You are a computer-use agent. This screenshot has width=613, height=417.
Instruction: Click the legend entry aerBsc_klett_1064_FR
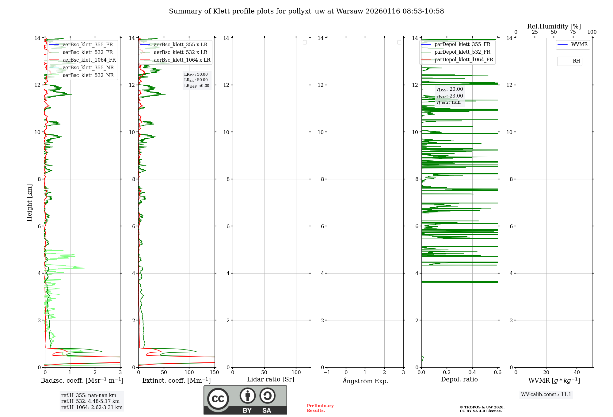pyautogui.click(x=89, y=60)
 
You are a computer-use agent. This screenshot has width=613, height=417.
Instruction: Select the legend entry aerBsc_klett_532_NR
pyautogui.click(x=88, y=75)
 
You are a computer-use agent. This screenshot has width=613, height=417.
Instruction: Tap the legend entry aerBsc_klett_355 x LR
pyautogui.click(x=180, y=45)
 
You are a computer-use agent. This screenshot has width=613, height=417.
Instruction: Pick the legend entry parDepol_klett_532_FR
pyautogui.click(x=462, y=52)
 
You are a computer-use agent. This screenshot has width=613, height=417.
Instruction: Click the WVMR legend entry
pyautogui.click(x=579, y=44)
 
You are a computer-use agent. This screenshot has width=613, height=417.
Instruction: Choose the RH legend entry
pyautogui.click(x=576, y=61)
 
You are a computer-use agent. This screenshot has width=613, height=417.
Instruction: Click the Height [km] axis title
pyautogui.click(x=29, y=202)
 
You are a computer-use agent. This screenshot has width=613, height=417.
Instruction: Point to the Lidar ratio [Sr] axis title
pyautogui.click(x=271, y=379)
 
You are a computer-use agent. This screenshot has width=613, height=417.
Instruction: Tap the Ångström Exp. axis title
pyautogui.click(x=365, y=381)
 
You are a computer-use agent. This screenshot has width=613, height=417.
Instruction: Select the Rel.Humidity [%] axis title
pyautogui.click(x=554, y=26)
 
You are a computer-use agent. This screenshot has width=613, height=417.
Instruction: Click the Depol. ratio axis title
pyautogui.click(x=459, y=379)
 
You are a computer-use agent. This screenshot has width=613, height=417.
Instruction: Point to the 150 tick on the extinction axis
pyautogui.click(x=214, y=373)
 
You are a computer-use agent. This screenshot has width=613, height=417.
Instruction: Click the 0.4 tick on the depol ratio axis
pyautogui.click(x=472, y=373)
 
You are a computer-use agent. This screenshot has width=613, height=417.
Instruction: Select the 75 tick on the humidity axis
pyautogui.click(x=573, y=32)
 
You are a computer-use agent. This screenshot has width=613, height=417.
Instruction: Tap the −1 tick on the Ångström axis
pyautogui.click(x=327, y=373)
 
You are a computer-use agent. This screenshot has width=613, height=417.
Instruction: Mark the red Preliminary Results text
pyautogui.click(x=320, y=408)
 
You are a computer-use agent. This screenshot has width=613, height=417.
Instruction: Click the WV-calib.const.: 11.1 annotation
pyautogui.click(x=546, y=395)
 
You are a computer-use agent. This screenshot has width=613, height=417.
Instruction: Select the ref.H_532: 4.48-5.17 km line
pyautogui.click(x=90, y=401)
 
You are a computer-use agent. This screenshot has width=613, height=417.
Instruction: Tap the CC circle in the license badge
pyautogui.click(x=218, y=399)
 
